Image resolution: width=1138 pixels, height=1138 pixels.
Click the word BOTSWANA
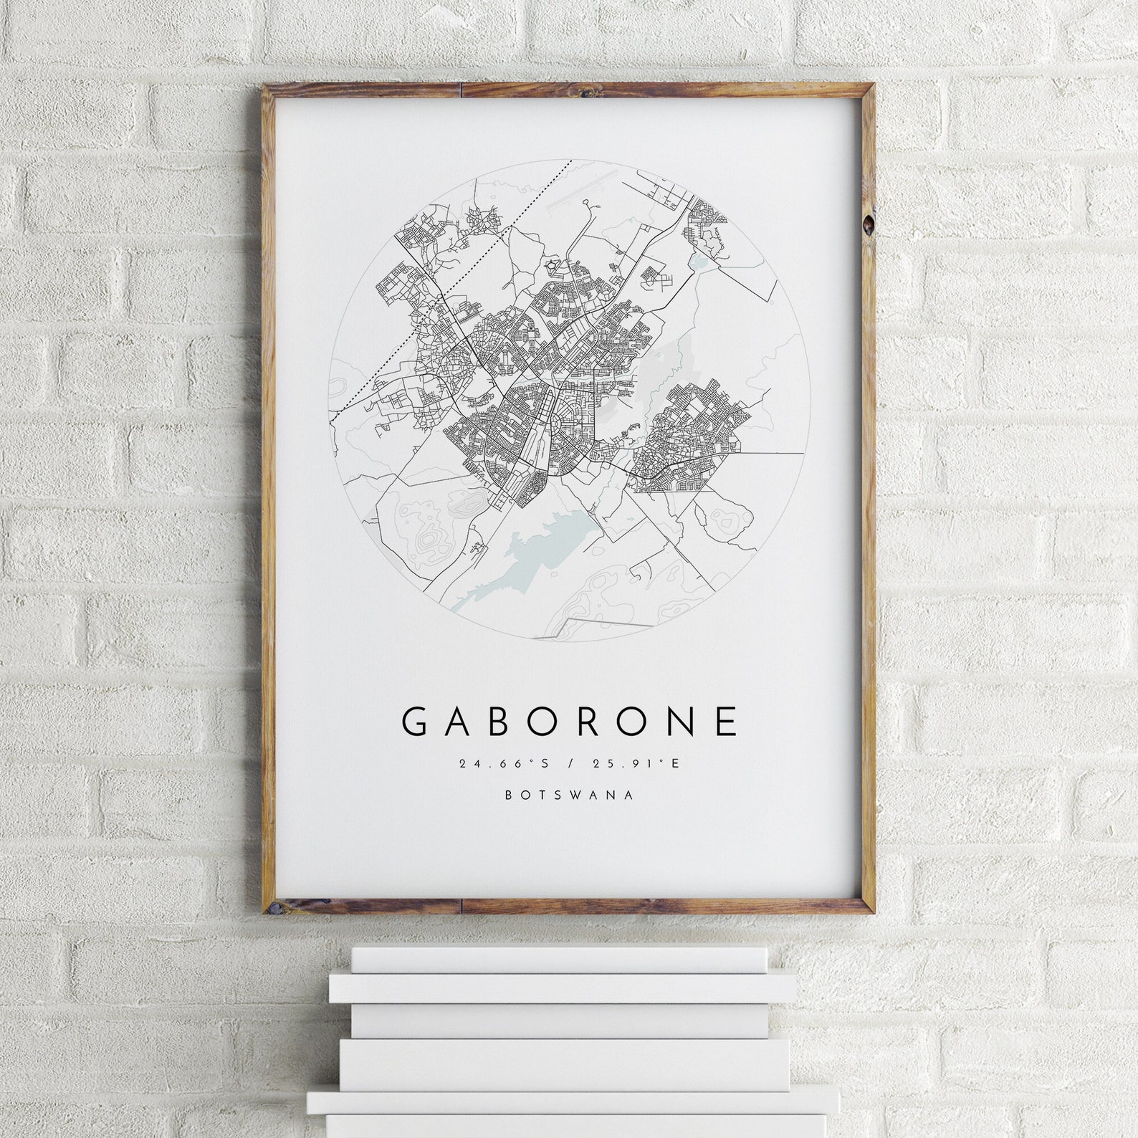coord(570,795)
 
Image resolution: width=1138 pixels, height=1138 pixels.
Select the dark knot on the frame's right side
coord(869,224)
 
